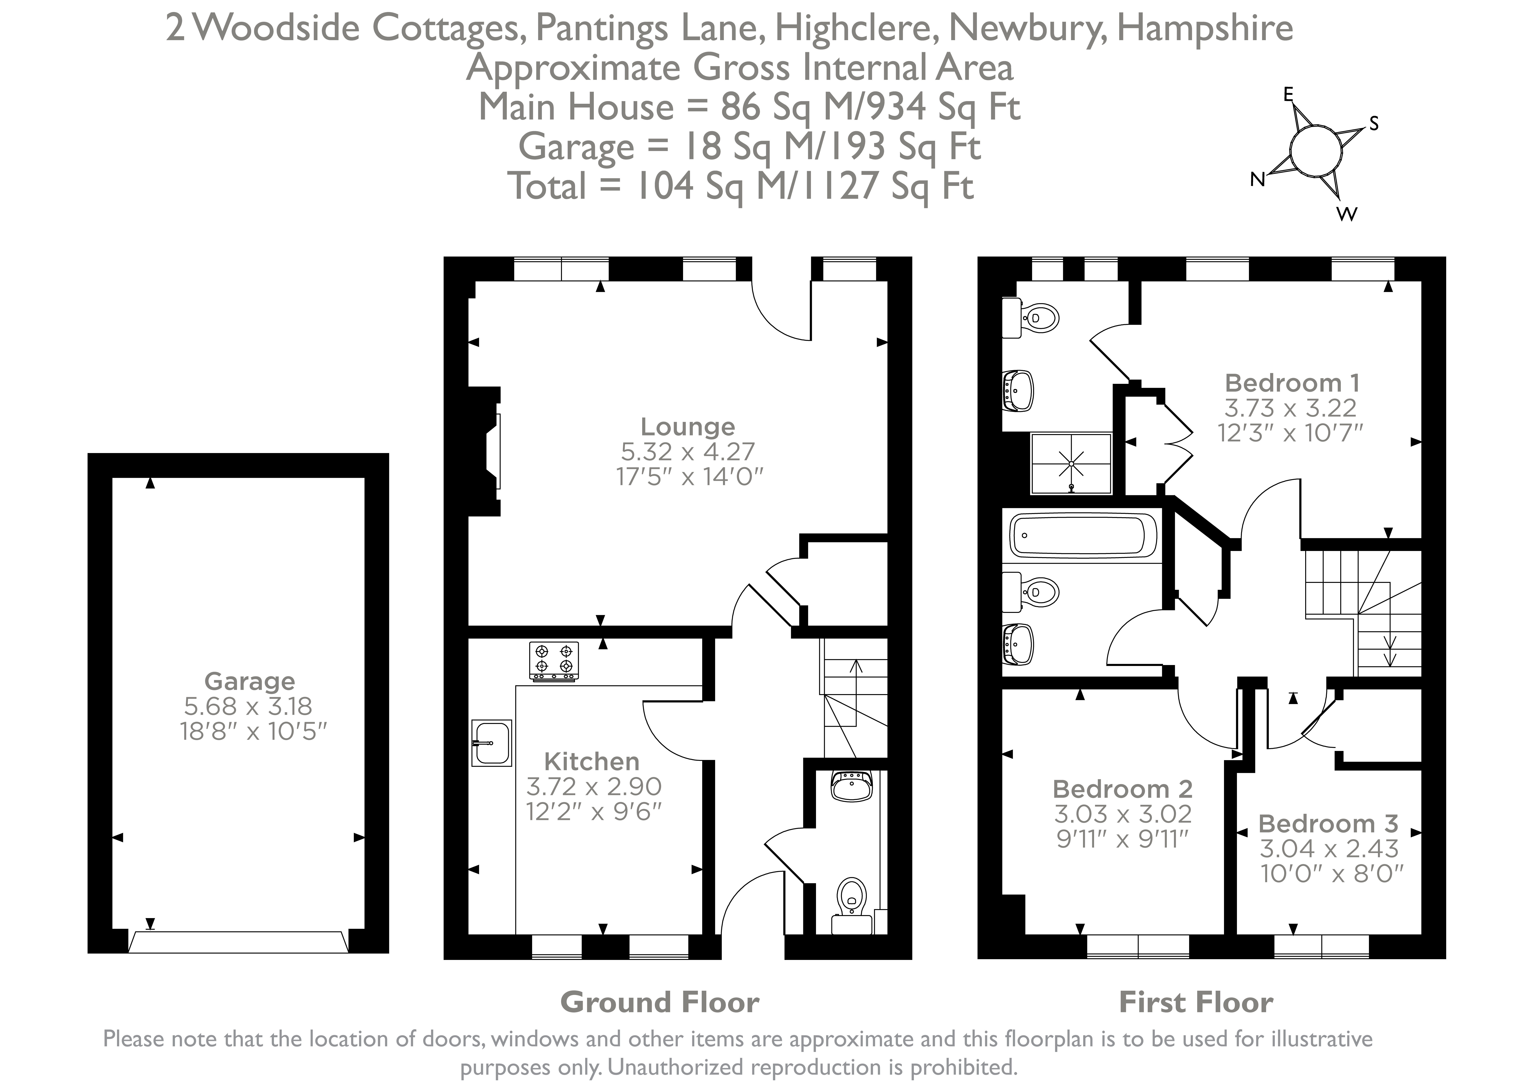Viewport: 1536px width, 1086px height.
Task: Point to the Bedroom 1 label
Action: click(1292, 383)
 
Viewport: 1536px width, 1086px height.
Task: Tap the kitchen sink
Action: click(492, 743)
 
